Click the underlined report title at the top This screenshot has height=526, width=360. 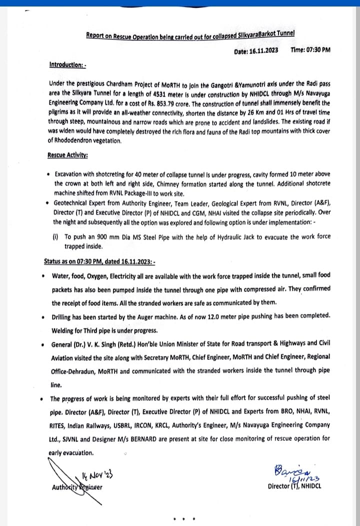(x=190, y=35)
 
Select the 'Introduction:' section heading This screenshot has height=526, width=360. (x=68, y=65)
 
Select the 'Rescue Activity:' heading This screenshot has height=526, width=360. (x=67, y=155)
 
